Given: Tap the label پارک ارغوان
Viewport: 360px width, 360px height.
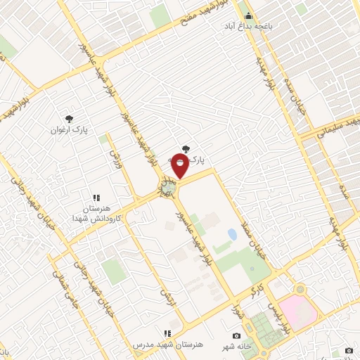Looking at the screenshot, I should click(68, 130).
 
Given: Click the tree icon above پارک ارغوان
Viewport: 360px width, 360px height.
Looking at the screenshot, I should click(69, 119).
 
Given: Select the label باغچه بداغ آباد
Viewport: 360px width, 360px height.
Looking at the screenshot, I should click(267, 26).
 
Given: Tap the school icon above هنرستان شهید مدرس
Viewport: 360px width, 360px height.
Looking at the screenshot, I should click(167, 333).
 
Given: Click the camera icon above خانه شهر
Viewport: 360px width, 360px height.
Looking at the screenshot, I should click(236, 335).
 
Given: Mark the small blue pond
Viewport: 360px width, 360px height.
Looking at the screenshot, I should click(232, 233).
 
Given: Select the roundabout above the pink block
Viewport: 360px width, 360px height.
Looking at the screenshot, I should click(301, 290).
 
